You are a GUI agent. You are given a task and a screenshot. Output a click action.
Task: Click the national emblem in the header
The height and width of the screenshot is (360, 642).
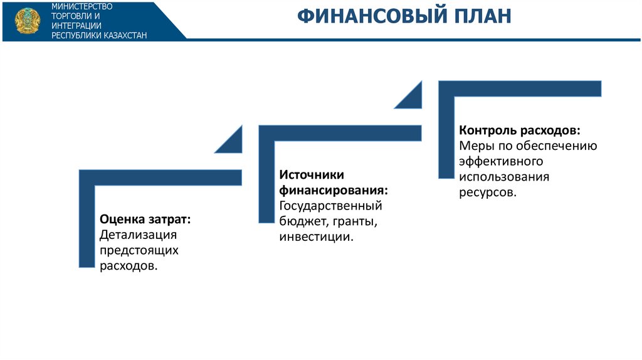pos(28,21)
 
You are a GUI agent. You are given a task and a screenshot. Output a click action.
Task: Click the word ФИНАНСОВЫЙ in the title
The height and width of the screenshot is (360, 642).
pos(372,16)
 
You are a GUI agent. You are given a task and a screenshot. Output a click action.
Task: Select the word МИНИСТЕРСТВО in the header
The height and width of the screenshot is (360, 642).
pos(82,6)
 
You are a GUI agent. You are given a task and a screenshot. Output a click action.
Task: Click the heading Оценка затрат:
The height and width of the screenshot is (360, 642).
pos(145,220)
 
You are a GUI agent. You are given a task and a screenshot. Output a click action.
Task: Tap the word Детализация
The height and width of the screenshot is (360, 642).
pos(139,235)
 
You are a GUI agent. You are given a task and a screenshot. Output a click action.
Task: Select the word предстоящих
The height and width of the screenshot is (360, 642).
pos(139,251)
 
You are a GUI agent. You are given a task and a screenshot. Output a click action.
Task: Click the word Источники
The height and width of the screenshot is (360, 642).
pos(312,175)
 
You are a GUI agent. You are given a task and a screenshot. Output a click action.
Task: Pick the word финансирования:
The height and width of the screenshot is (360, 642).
pos(334,191)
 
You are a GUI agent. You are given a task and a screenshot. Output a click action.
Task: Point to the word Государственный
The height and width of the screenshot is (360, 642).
pos(331,206)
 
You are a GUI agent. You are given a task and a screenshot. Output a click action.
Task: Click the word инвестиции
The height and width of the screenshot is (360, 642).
pos(317,236)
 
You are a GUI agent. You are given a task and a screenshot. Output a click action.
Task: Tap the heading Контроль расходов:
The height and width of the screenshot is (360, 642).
pos(520,130)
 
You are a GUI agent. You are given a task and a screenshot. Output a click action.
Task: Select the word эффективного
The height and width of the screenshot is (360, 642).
pos(501,161)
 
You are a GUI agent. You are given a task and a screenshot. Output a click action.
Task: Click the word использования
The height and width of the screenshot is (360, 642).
pos(504,177)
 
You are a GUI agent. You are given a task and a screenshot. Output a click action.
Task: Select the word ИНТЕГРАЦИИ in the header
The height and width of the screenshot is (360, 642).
pos(76,26)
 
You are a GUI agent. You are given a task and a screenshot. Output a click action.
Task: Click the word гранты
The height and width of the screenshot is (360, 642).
pos(355,221)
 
